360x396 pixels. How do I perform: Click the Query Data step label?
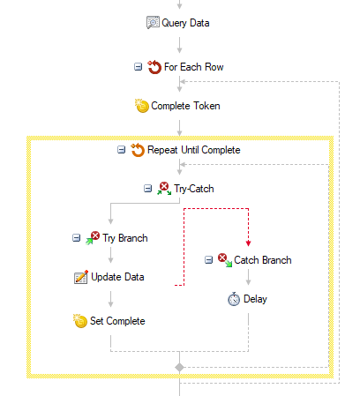(185, 23)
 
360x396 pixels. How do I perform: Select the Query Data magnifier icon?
(153, 22)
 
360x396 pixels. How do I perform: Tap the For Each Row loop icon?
(154, 67)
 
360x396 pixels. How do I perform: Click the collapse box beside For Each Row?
(138, 67)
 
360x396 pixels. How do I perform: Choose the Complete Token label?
(185, 106)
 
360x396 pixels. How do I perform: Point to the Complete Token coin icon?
(142, 106)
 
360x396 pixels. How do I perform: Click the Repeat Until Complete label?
(193, 150)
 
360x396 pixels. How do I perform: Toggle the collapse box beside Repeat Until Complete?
(121, 150)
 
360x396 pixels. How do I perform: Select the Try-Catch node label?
(194, 189)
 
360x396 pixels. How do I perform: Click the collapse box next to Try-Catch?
(147, 188)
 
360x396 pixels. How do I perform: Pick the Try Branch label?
(125, 238)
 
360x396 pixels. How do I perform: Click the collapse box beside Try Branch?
(76, 237)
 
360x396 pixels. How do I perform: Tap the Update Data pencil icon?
(81, 277)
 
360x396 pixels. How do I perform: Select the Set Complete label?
(117, 321)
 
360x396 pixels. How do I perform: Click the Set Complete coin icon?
(80, 321)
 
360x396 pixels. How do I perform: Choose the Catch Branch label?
(263, 260)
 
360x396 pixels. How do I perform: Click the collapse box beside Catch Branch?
(208, 260)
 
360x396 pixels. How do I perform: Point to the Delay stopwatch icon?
(234, 299)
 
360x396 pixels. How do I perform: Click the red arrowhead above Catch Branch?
(248, 243)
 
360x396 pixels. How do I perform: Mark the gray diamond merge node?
(179, 367)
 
